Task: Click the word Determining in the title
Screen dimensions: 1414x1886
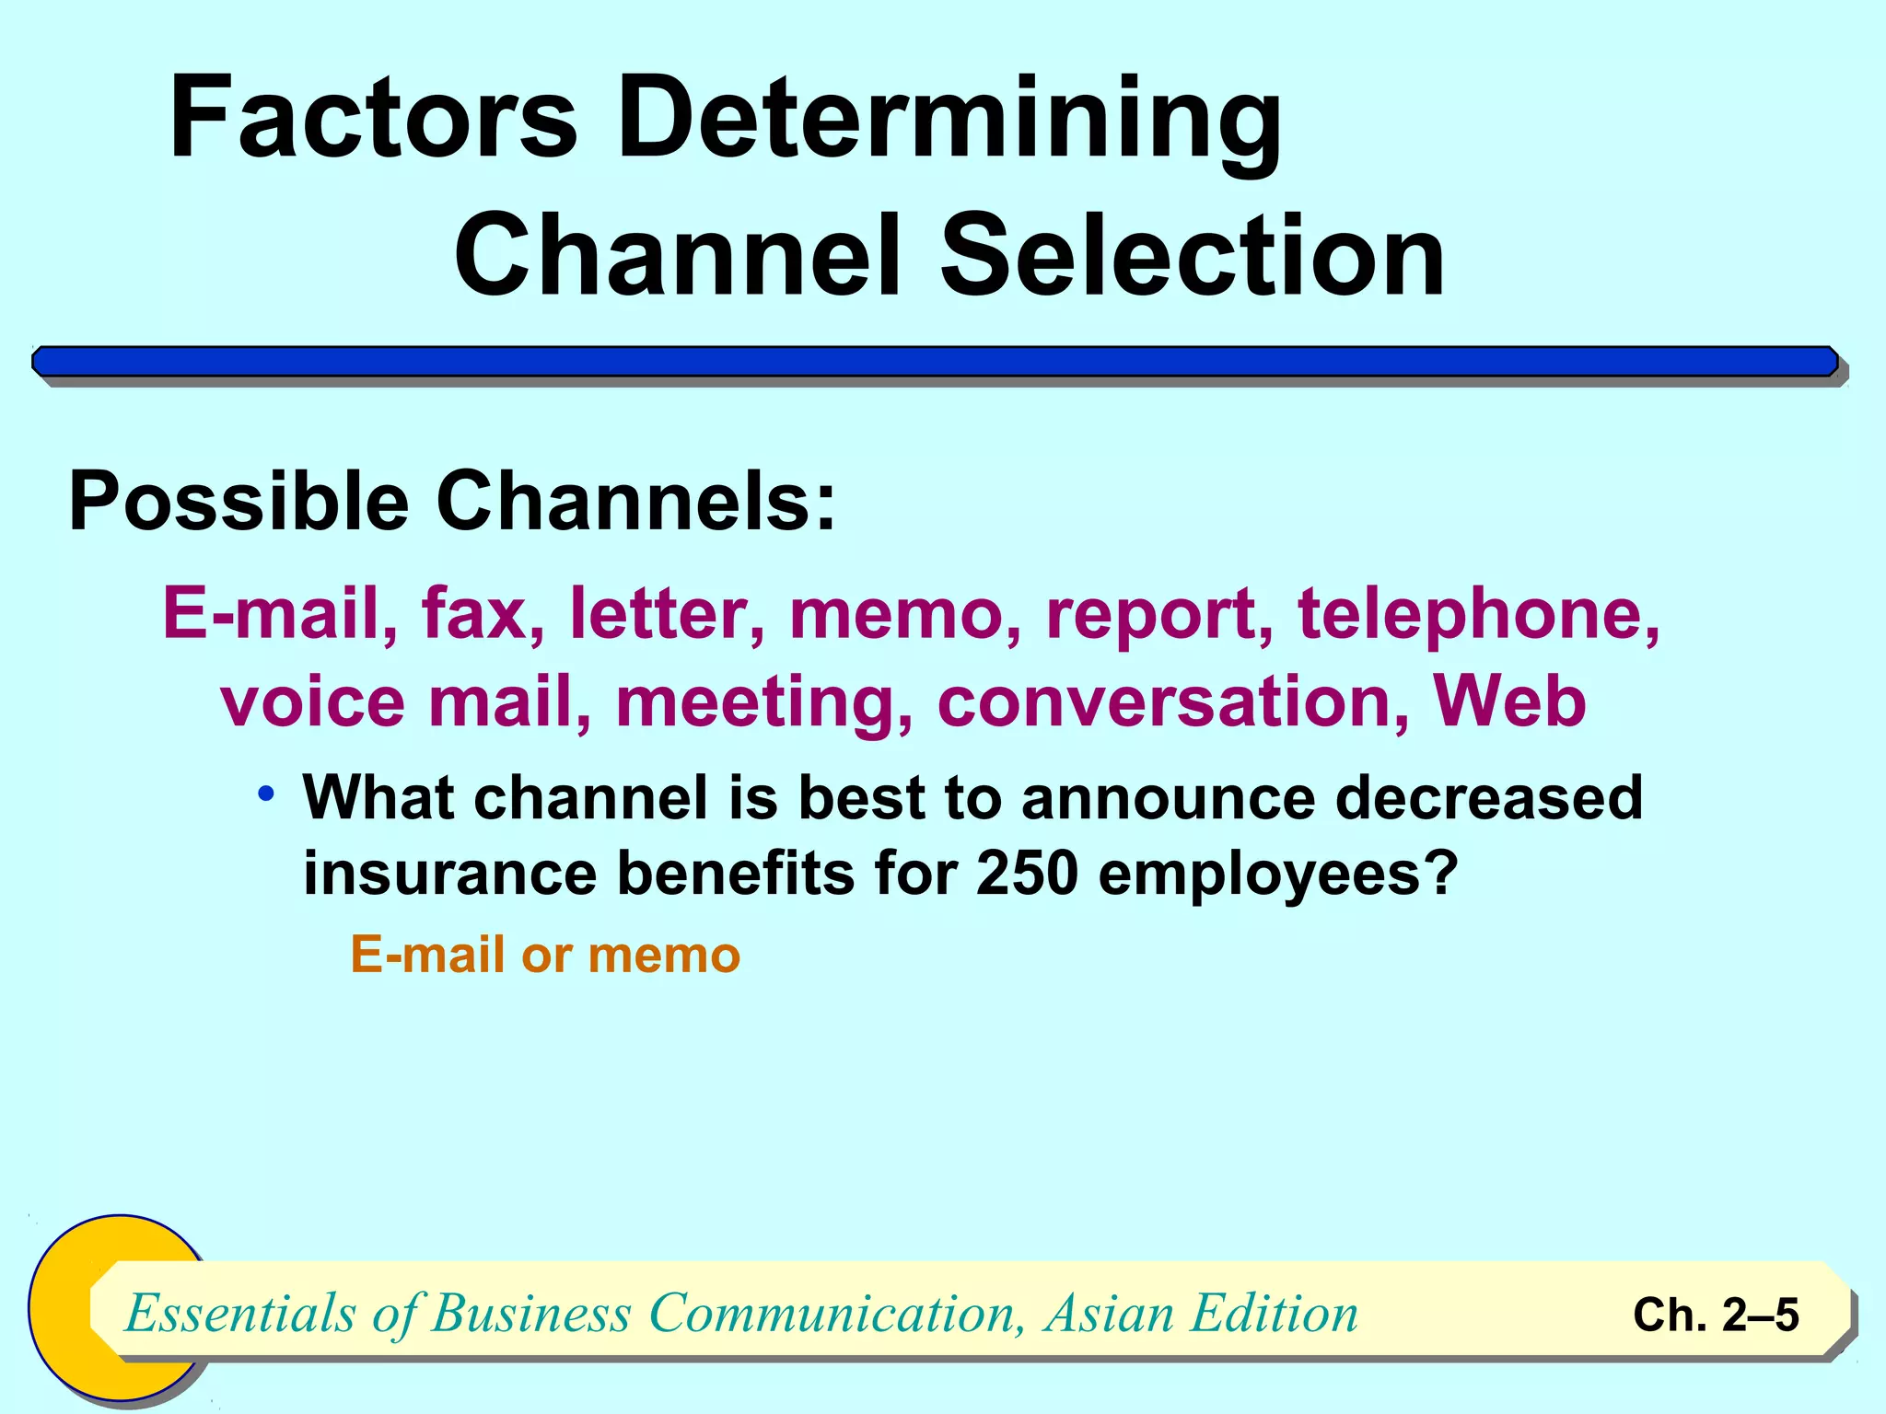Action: [949, 120]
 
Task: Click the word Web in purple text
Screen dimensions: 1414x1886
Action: [1509, 701]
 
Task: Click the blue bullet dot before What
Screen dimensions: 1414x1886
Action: [267, 794]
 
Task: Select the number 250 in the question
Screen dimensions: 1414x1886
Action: [1026, 872]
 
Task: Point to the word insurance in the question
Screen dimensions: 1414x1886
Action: [449, 872]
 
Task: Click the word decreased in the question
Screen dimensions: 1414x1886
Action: [1488, 797]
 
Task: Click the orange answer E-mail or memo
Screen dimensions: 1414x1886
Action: [545, 955]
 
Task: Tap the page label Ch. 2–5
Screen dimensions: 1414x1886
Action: [1715, 1315]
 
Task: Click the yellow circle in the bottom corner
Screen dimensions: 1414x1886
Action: [64, 1307]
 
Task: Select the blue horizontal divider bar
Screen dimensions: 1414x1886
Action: [934, 362]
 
